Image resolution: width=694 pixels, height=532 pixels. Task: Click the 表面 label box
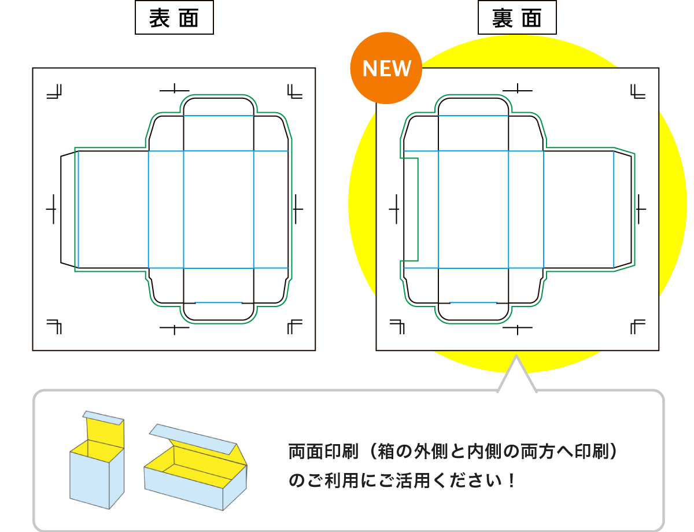point(173,19)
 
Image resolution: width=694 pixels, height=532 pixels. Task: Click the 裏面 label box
point(517,19)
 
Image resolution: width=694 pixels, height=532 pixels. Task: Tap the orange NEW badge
point(386,69)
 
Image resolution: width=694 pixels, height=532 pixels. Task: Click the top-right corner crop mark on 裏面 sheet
point(637,91)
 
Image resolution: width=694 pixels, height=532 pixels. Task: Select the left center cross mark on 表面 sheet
point(52,208)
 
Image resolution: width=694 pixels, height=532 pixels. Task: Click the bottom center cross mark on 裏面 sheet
point(518,328)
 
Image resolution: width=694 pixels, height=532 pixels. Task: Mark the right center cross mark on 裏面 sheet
point(641,208)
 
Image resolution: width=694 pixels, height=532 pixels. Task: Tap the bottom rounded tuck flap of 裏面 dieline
point(473,312)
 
